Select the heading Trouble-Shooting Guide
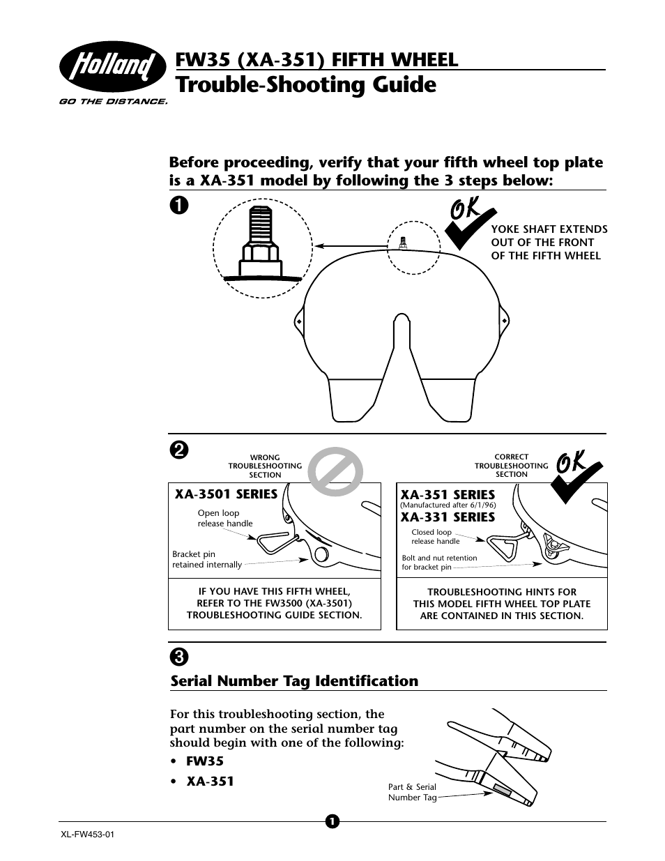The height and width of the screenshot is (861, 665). click(x=307, y=85)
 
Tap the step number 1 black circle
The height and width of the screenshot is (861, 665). click(x=179, y=205)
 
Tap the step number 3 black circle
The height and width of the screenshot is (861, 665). click(x=179, y=656)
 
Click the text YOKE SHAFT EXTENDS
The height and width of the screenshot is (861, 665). click(x=549, y=229)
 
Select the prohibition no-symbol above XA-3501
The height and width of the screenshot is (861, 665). click(x=336, y=475)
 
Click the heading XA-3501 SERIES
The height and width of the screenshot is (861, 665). click(x=226, y=494)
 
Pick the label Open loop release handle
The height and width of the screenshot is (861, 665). click(x=225, y=518)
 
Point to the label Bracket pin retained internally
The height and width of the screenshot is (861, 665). click(x=207, y=560)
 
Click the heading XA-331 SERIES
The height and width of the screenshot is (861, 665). click(x=448, y=517)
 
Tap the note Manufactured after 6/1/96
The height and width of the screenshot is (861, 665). click(x=448, y=505)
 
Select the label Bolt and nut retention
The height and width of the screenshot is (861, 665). click(x=439, y=558)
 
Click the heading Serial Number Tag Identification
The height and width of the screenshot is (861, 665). click(x=294, y=681)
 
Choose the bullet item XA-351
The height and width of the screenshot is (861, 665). click(x=210, y=782)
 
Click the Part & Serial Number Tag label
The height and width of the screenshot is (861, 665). click(x=411, y=792)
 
